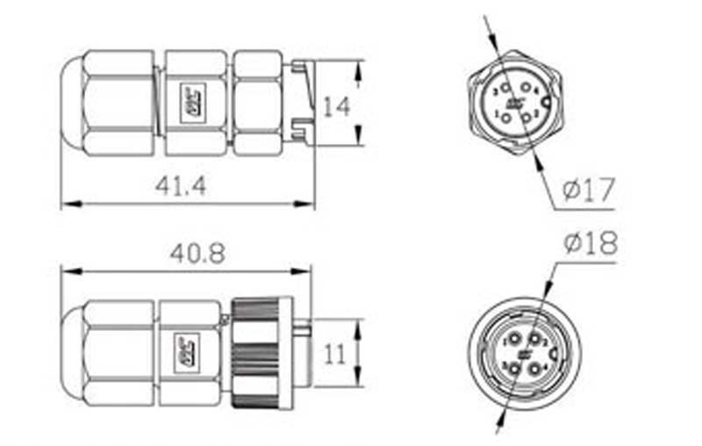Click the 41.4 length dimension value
180,186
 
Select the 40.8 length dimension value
198,254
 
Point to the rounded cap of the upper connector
70,103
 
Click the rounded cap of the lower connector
70,352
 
